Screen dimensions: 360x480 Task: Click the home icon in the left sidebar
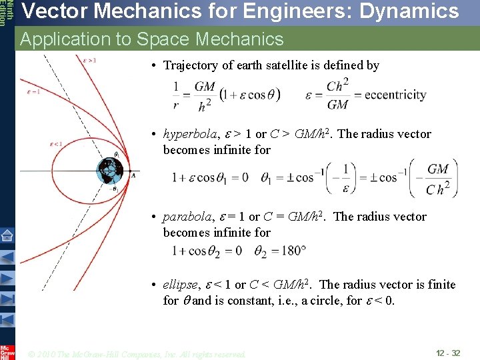7,235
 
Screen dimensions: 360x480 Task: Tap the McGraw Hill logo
7,351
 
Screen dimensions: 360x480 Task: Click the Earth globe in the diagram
107,171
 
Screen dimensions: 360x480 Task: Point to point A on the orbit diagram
133,175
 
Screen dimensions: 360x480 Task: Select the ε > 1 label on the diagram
89,60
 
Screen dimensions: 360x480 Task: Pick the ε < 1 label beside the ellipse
56,143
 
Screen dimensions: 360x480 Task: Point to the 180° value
292,251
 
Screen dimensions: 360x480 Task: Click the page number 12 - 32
447,353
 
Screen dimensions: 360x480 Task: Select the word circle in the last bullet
317,301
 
